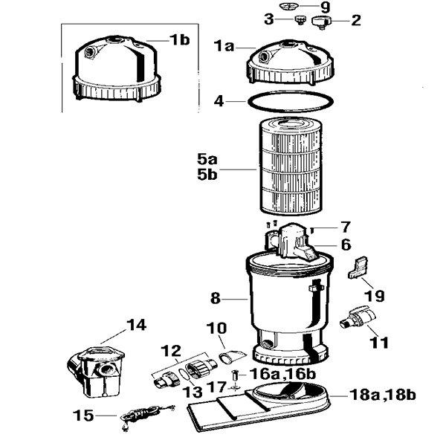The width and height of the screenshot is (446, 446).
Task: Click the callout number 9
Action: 325,7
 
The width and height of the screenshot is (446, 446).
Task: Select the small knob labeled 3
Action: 300,20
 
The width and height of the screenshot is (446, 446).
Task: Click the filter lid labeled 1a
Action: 291,63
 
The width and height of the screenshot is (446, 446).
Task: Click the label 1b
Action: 180,40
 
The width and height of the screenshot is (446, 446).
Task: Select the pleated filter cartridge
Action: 291,167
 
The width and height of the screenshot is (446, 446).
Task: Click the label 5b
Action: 207,175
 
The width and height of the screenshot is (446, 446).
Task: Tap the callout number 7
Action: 345,227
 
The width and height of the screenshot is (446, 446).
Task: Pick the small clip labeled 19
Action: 358,268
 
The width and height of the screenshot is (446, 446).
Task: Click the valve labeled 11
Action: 358,317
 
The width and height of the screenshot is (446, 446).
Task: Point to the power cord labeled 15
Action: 146,416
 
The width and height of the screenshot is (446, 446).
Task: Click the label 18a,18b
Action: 383,395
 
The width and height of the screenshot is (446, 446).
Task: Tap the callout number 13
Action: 193,392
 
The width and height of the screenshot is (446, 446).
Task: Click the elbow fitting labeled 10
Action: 232,356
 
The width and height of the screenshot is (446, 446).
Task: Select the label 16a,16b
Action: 282,375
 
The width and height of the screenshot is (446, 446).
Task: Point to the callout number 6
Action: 346,245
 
